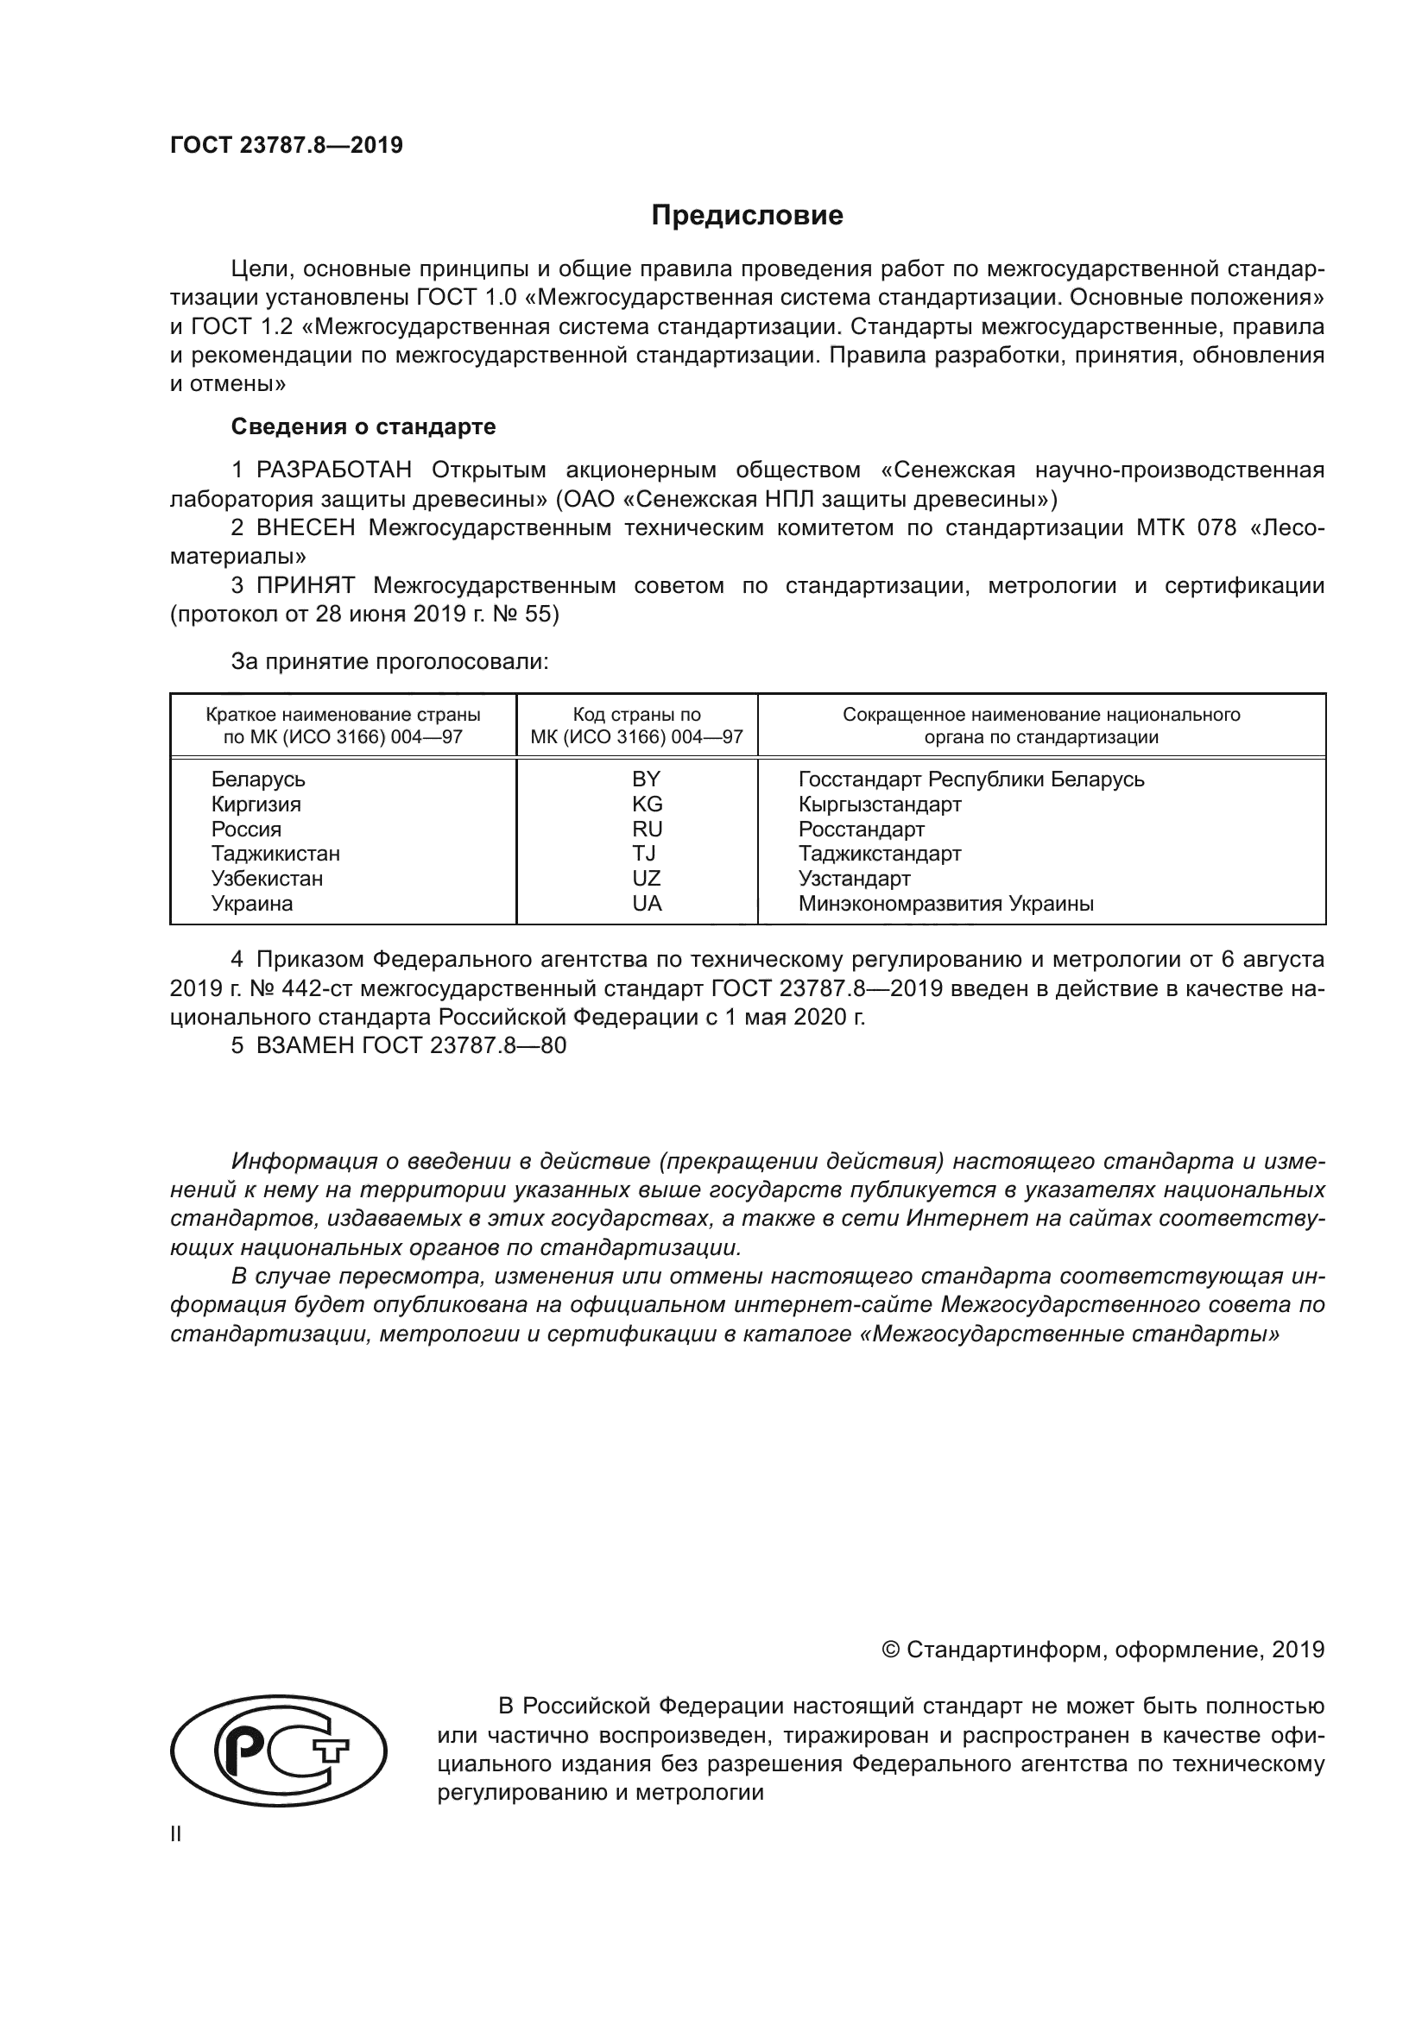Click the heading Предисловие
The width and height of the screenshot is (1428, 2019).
coord(747,216)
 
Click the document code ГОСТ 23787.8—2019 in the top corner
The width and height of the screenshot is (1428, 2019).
coord(286,146)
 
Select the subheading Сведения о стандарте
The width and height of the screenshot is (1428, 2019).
coord(363,426)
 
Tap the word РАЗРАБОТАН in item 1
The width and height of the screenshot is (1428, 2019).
coord(334,470)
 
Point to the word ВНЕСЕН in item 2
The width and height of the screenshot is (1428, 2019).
coord(306,527)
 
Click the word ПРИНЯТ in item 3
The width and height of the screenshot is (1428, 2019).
coord(305,585)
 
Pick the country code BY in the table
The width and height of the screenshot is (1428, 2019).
coord(646,779)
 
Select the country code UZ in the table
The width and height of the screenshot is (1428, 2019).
coord(647,879)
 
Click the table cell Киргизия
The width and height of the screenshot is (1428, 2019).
coord(256,804)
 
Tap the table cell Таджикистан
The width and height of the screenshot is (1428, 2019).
coord(275,854)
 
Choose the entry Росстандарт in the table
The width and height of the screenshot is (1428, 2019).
coord(861,830)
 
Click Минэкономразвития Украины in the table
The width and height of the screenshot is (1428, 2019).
coord(945,904)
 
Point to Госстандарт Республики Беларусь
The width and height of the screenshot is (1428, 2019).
coord(970,779)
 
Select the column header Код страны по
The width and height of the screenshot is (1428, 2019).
coord(636,715)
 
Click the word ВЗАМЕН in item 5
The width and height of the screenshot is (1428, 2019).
coord(305,1045)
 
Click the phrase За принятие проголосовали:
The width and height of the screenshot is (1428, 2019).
coord(389,661)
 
